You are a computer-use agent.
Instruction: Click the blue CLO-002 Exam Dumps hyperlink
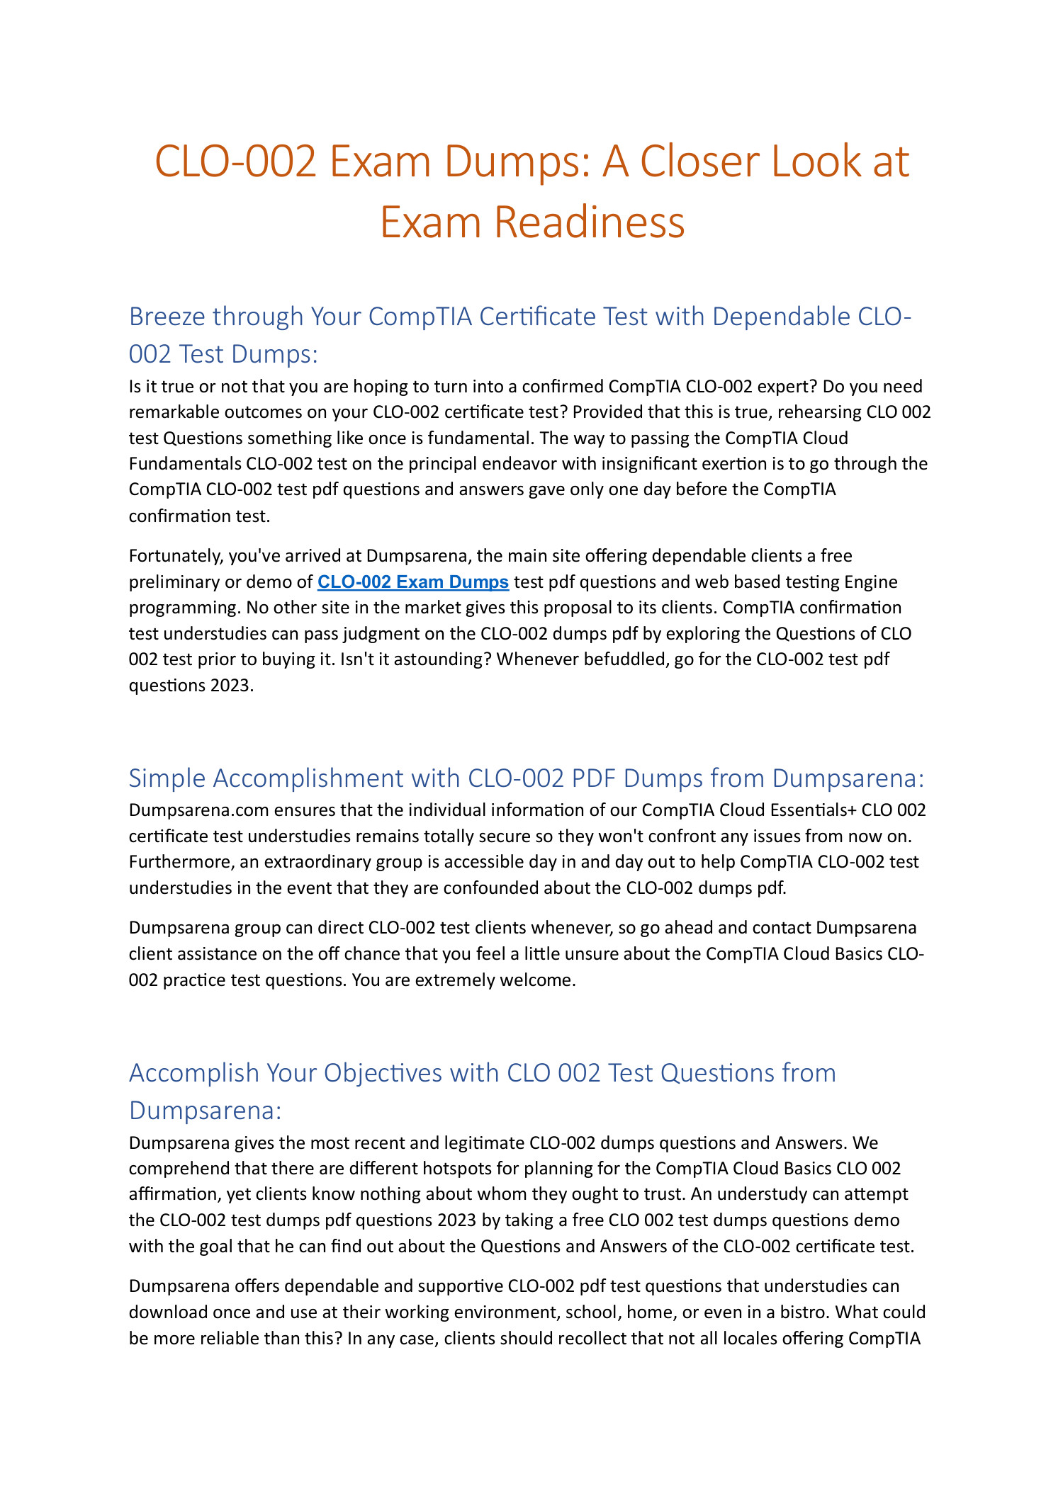point(413,582)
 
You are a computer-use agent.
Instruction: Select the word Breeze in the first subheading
point(167,317)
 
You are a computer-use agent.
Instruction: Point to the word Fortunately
point(173,557)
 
